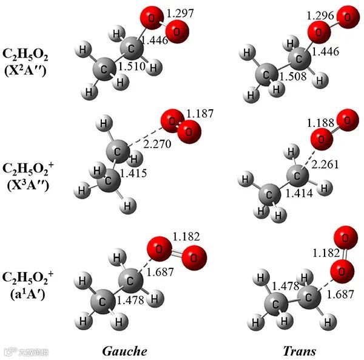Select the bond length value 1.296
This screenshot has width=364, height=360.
tap(321, 14)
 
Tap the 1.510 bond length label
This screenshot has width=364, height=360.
tap(132, 66)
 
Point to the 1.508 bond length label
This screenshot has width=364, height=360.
tap(294, 76)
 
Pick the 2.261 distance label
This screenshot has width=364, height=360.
tap(325, 163)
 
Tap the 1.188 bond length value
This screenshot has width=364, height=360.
tap(321, 123)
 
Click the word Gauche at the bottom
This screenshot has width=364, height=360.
tap(125, 351)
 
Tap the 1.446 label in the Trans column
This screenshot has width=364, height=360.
tap(326, 53)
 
